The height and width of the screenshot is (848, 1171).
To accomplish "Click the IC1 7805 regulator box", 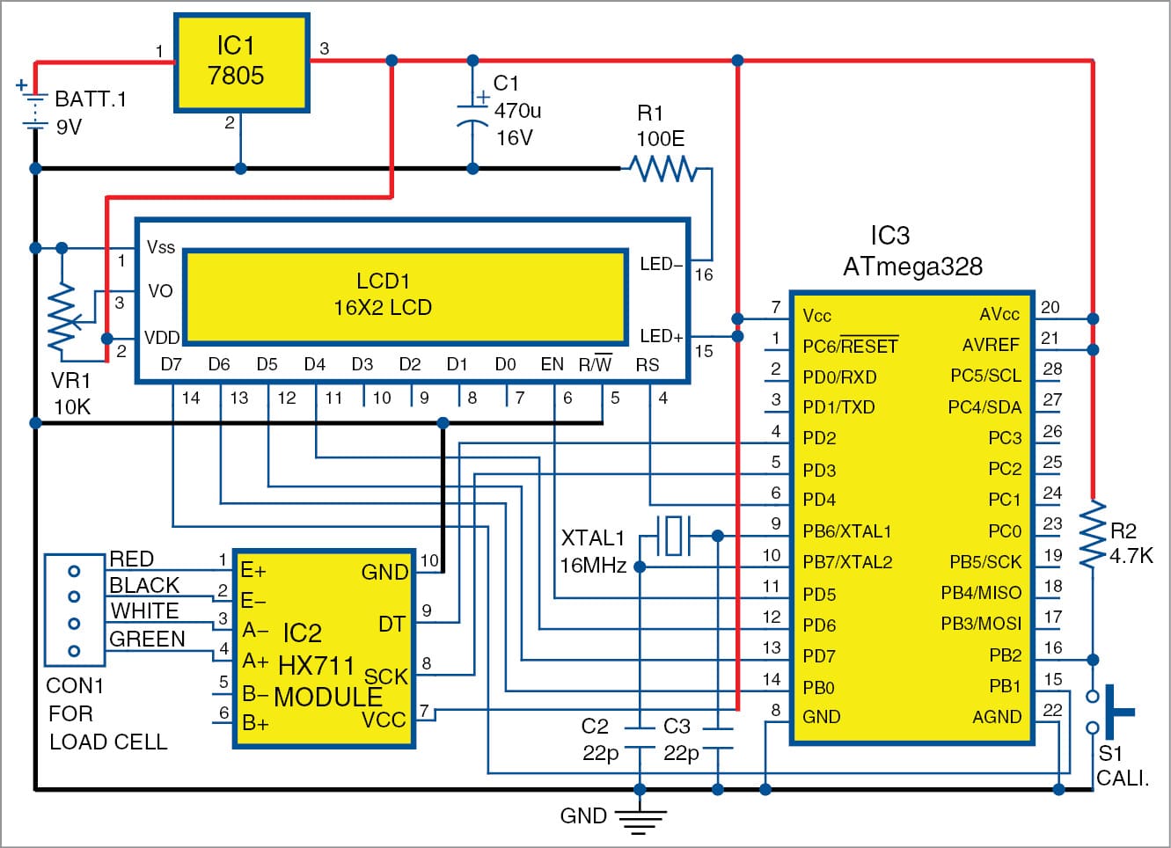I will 241,62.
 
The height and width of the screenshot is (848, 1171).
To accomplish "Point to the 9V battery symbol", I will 34,110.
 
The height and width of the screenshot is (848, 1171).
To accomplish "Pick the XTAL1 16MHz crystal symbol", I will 674,535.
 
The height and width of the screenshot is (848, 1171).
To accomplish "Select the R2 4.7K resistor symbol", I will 1092,534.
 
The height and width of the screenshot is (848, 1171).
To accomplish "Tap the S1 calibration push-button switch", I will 1110,712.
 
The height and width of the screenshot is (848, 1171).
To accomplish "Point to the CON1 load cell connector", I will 75,610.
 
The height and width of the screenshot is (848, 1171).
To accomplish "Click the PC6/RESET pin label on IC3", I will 850,347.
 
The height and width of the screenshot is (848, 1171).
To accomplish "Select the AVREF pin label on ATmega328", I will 991,346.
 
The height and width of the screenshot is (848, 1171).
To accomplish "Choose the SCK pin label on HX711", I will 385,676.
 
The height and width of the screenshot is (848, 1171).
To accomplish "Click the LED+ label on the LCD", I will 661,336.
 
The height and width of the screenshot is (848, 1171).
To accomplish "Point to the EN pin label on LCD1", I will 552,364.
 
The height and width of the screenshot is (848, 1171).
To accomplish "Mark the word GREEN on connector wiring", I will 147,640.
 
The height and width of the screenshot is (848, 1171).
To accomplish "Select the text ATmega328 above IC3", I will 912,267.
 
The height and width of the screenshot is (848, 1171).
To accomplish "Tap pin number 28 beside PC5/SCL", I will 1052,369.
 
